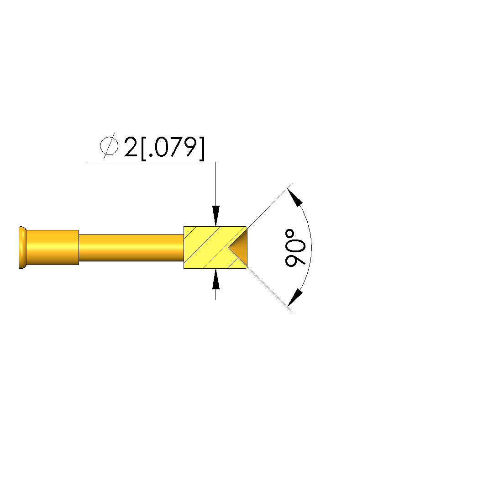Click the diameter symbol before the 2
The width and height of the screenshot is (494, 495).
109,146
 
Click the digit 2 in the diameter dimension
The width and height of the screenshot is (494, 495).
131,147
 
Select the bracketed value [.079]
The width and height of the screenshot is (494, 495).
173,149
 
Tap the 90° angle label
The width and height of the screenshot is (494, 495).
295,248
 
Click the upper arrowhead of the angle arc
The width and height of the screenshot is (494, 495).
295,197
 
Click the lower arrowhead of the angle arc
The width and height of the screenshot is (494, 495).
295,298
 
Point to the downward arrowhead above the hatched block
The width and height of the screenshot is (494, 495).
215,216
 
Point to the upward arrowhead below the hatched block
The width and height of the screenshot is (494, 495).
215,279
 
